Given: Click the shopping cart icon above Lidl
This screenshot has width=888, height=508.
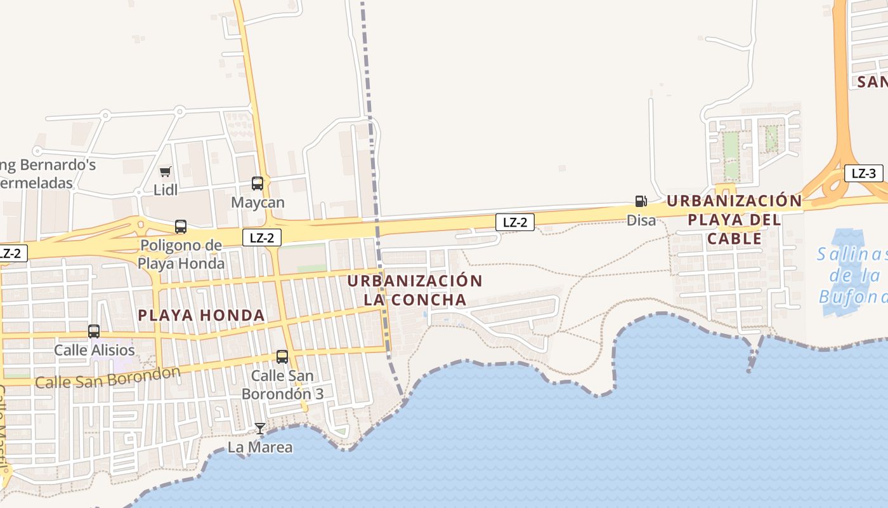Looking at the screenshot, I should [x=166, y=171].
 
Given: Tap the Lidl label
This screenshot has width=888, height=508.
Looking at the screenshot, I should [x=166, y=190].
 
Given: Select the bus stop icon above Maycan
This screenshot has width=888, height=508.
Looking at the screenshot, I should [x=258, y=184].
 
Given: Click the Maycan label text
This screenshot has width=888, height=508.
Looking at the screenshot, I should [x=258, y=203].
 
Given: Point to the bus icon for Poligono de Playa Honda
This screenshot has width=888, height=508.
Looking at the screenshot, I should [x=181, y=227].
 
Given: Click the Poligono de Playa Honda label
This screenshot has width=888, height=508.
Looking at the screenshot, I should [x=181, y=254].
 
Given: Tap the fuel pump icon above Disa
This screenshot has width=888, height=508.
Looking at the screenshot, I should [x=641, y=201].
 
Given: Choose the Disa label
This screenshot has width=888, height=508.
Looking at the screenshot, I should [x=641, y=220].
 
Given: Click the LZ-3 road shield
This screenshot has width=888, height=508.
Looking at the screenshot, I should [x=863, y=173].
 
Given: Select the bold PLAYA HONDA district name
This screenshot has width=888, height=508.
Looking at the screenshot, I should [x=201, y=315].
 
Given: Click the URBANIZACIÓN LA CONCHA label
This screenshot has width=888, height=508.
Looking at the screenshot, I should [x=415, y=290].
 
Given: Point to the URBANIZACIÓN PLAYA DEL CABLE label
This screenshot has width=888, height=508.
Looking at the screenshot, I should [x=734, y=220].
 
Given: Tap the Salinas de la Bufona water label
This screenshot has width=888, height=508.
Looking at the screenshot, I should [x=851, y=276].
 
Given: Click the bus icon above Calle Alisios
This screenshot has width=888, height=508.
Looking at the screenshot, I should [x=94, y=331].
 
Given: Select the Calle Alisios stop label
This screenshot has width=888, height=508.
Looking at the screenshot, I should [x=94, y=350].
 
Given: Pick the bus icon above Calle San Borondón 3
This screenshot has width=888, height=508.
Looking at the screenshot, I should [x=282, y=357].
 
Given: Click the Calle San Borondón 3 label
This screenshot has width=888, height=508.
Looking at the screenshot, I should [x=282, y=384].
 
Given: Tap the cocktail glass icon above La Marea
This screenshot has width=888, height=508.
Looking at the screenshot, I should [x=259, y=429].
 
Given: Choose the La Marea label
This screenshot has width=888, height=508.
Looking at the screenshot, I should [x=260, y=447].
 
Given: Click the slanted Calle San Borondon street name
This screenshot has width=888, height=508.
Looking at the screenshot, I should [x=108, y=377].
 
